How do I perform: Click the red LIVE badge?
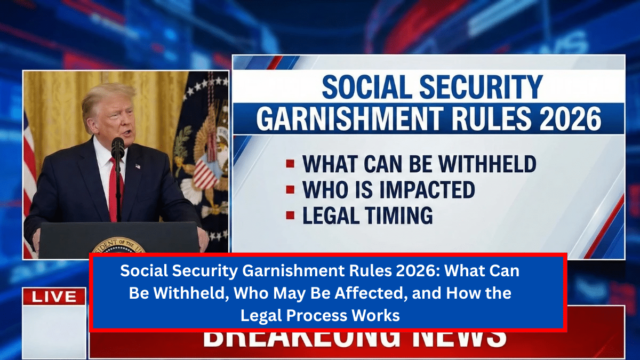(54, 297)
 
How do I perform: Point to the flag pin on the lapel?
(138, 166)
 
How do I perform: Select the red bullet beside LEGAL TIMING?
(290, 215)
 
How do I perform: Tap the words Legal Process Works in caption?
(321, 315)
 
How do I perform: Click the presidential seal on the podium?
(118, 247)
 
